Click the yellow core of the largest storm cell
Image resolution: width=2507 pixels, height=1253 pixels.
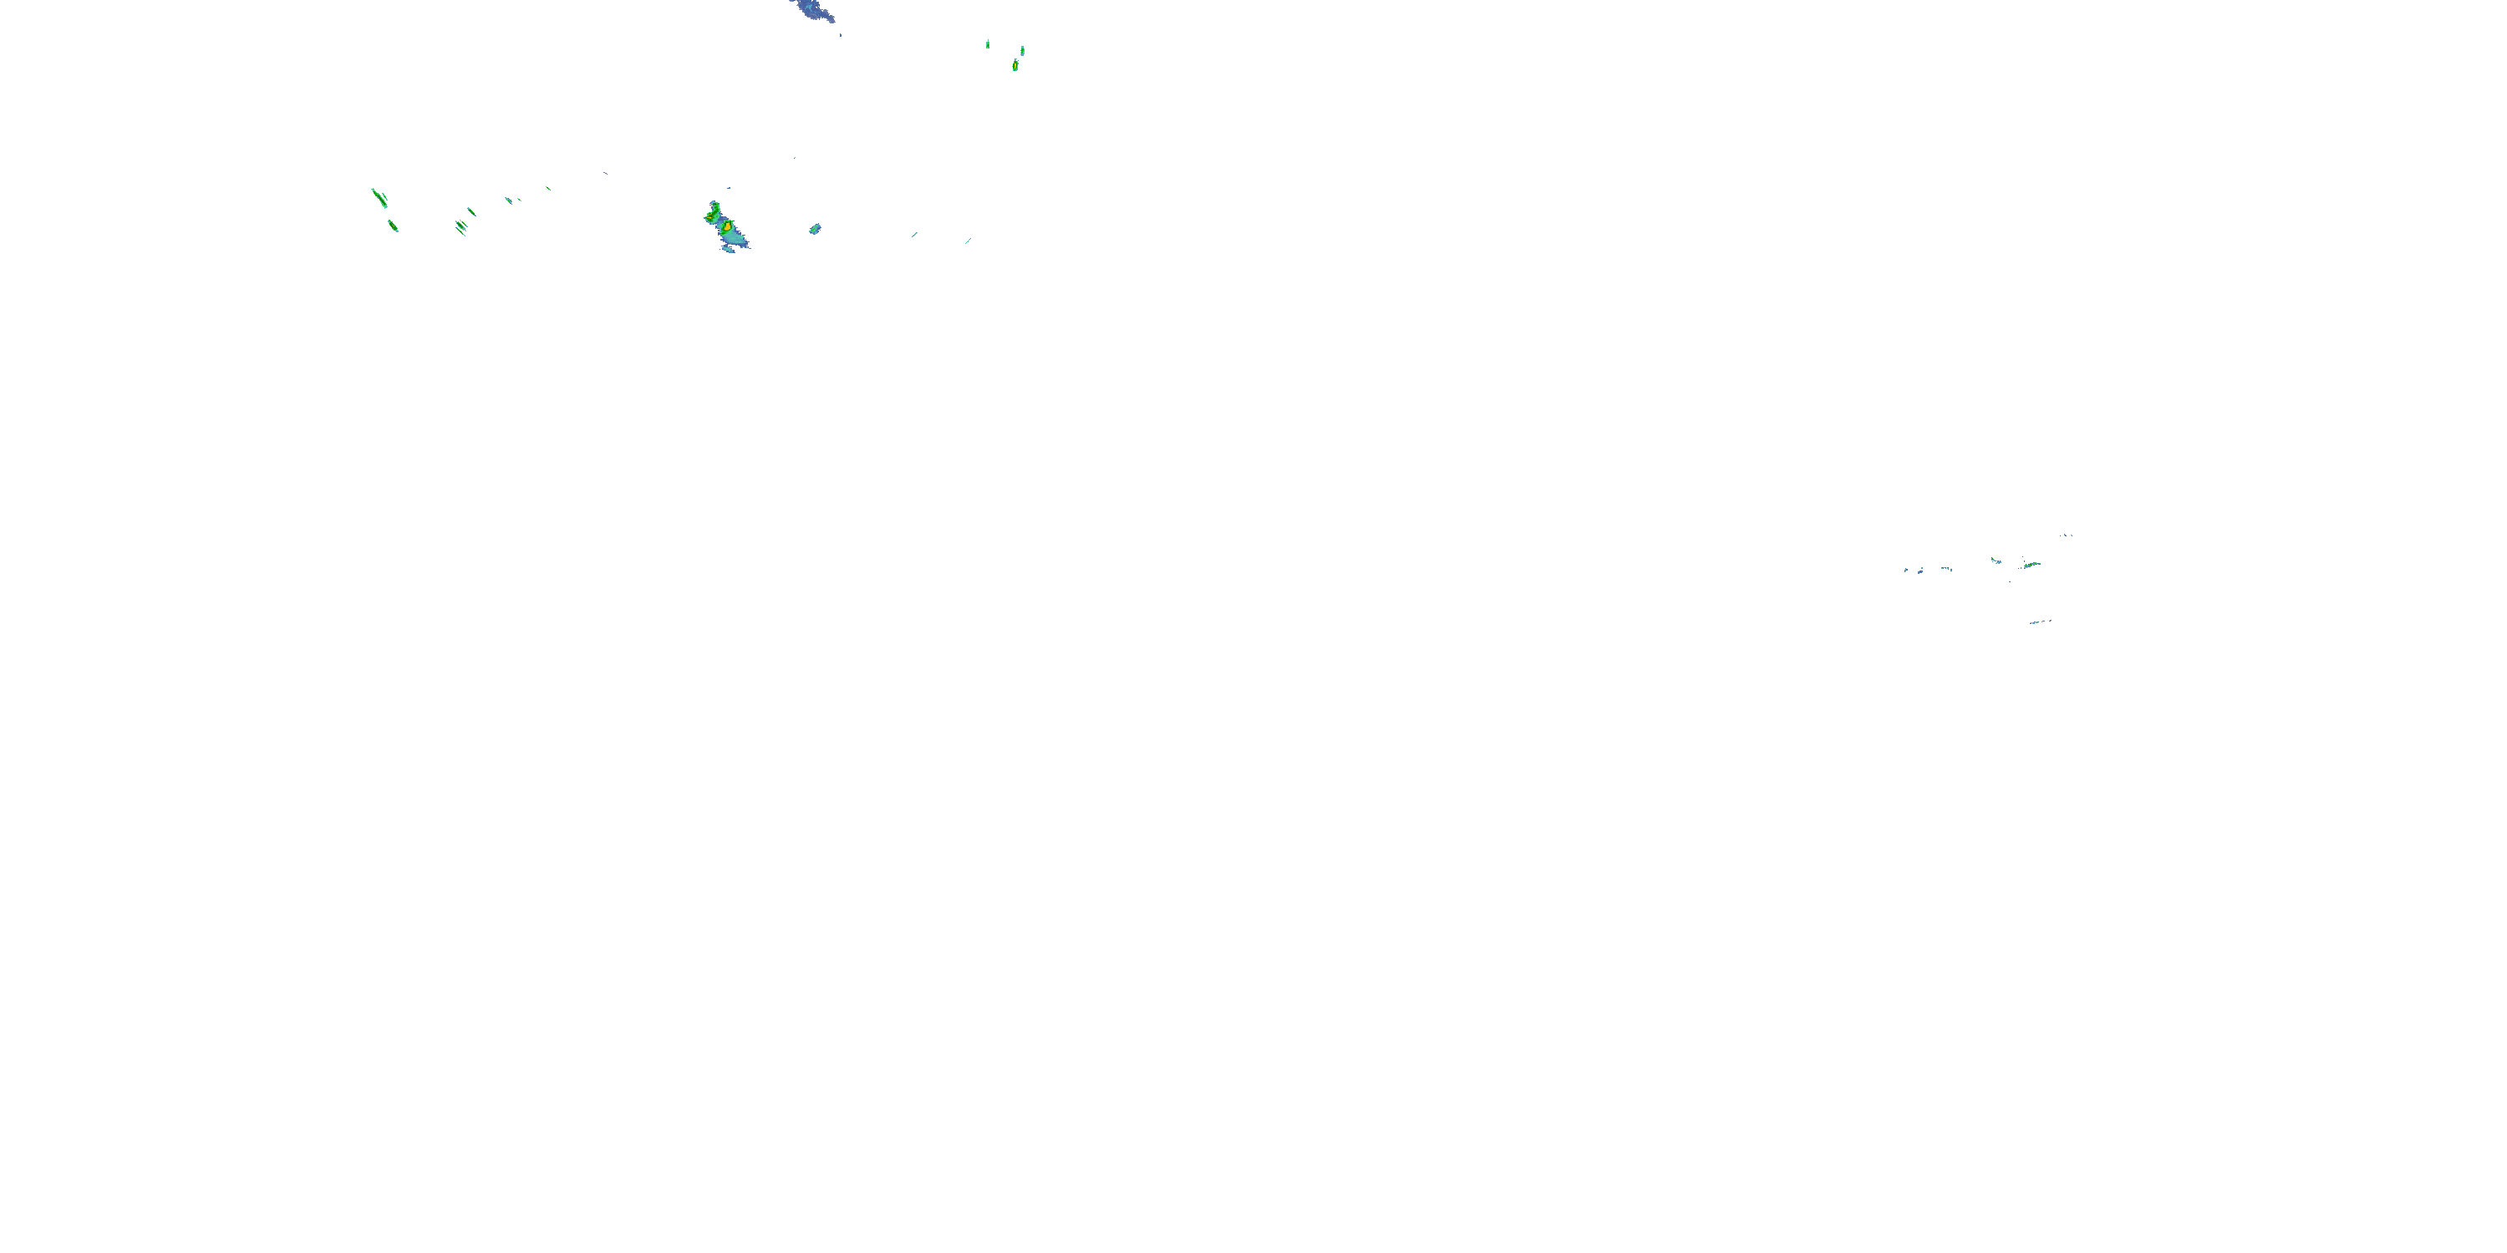coord(727,226)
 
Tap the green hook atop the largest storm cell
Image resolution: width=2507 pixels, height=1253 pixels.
coord(714,207)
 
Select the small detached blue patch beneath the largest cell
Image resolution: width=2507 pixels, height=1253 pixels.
coord(728,250)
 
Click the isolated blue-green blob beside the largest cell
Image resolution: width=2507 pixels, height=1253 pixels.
coord(815,230)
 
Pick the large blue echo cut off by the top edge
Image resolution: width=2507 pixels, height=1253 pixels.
coord(811,11)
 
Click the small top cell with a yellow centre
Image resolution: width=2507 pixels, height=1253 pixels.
coord(1015,65)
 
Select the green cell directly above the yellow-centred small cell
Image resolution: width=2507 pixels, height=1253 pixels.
coord(1022,51)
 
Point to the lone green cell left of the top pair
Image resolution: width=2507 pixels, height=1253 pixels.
coord(988,43)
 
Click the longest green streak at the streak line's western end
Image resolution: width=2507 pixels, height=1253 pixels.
coord(379,197)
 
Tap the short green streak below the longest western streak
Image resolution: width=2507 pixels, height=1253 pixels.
coord(393,226)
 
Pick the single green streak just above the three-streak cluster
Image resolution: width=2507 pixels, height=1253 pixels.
coord(472,211)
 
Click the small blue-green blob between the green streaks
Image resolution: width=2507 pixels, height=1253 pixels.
coord(508,200)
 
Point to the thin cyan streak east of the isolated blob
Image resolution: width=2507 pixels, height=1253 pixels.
coord(915,234)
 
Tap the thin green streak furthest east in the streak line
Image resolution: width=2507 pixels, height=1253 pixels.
coord(968,241)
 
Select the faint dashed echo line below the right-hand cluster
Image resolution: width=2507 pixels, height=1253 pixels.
coord(2041,621)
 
